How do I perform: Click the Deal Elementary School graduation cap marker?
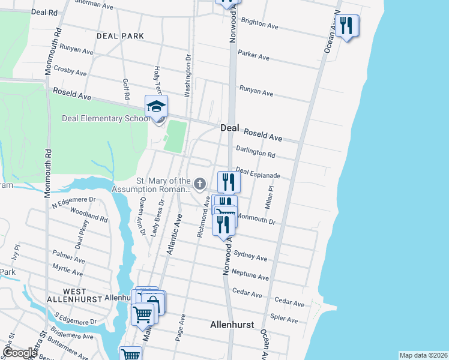(156, 107)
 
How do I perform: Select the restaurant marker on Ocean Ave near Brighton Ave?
(347, 26)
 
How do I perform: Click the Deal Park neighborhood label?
(120, 36)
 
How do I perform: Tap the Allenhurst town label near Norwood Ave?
(232, 325)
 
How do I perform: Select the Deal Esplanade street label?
(258, 173)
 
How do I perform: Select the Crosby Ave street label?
(70, 71)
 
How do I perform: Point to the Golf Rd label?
(127, 88)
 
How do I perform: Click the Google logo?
(20, 353)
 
